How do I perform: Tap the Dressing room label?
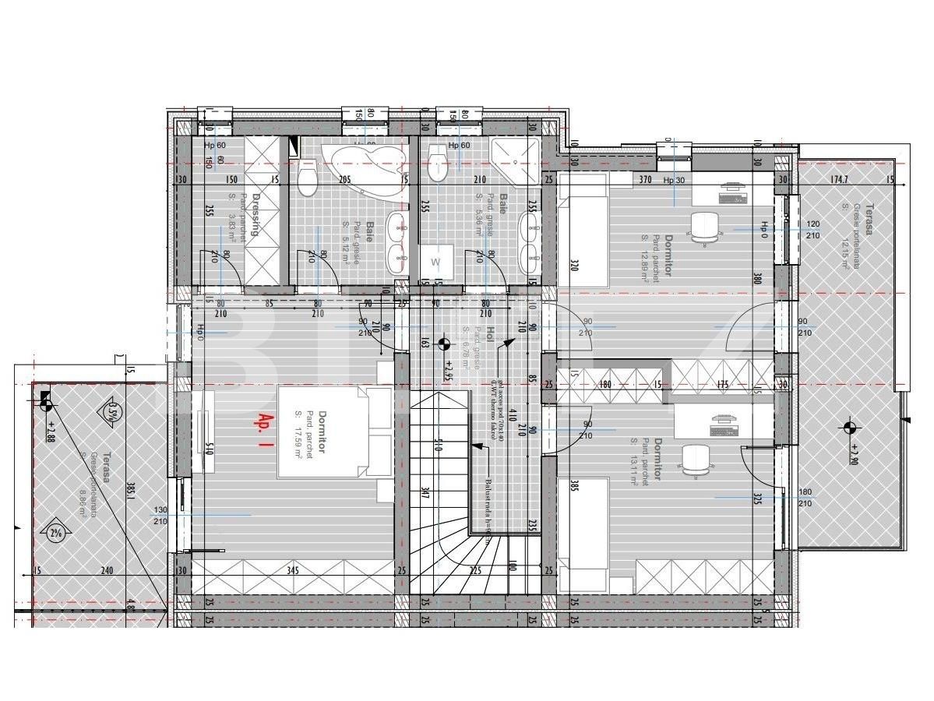coord(253,216)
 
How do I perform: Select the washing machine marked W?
coord(435,262)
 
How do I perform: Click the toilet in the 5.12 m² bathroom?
coord(308,178)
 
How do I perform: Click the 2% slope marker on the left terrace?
coord(55,533)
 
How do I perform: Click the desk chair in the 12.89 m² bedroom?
coord(703,227)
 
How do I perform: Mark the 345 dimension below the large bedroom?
coord(294,571)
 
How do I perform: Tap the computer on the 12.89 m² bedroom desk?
coord(733,192)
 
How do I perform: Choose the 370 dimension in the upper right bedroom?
coord(644,180)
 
